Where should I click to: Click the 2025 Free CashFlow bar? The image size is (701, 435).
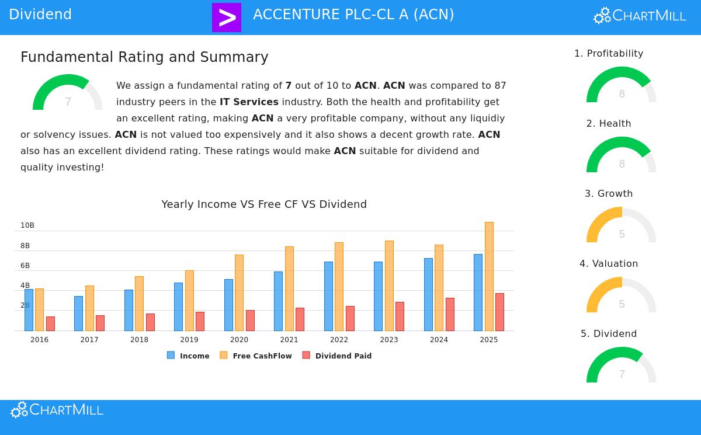click(489, 276)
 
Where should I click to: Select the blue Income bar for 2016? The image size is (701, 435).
click(29, 310)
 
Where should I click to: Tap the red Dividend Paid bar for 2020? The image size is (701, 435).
click(250, 321)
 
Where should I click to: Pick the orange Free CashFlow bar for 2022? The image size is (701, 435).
click(339, 287)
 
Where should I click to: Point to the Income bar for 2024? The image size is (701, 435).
click(428, 294)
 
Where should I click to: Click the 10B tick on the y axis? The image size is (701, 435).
click(27, 225)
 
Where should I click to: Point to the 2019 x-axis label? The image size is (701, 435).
click(189, 340)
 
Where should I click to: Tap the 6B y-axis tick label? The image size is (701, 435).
click(25, 266)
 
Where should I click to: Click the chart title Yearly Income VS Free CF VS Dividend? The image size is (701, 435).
click(264, 204)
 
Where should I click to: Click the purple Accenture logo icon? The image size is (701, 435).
click(227, 17)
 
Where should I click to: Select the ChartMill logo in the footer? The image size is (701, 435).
click(57, 410)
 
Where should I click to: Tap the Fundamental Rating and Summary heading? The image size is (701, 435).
click(144, 57)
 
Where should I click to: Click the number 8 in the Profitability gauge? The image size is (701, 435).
click(622, 94)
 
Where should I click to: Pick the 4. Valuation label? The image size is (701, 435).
click(609, 264)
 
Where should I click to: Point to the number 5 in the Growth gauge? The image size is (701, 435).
click(622, 234)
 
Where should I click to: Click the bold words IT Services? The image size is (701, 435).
click(249, 102)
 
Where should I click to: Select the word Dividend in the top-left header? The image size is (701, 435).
click(40, 15)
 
